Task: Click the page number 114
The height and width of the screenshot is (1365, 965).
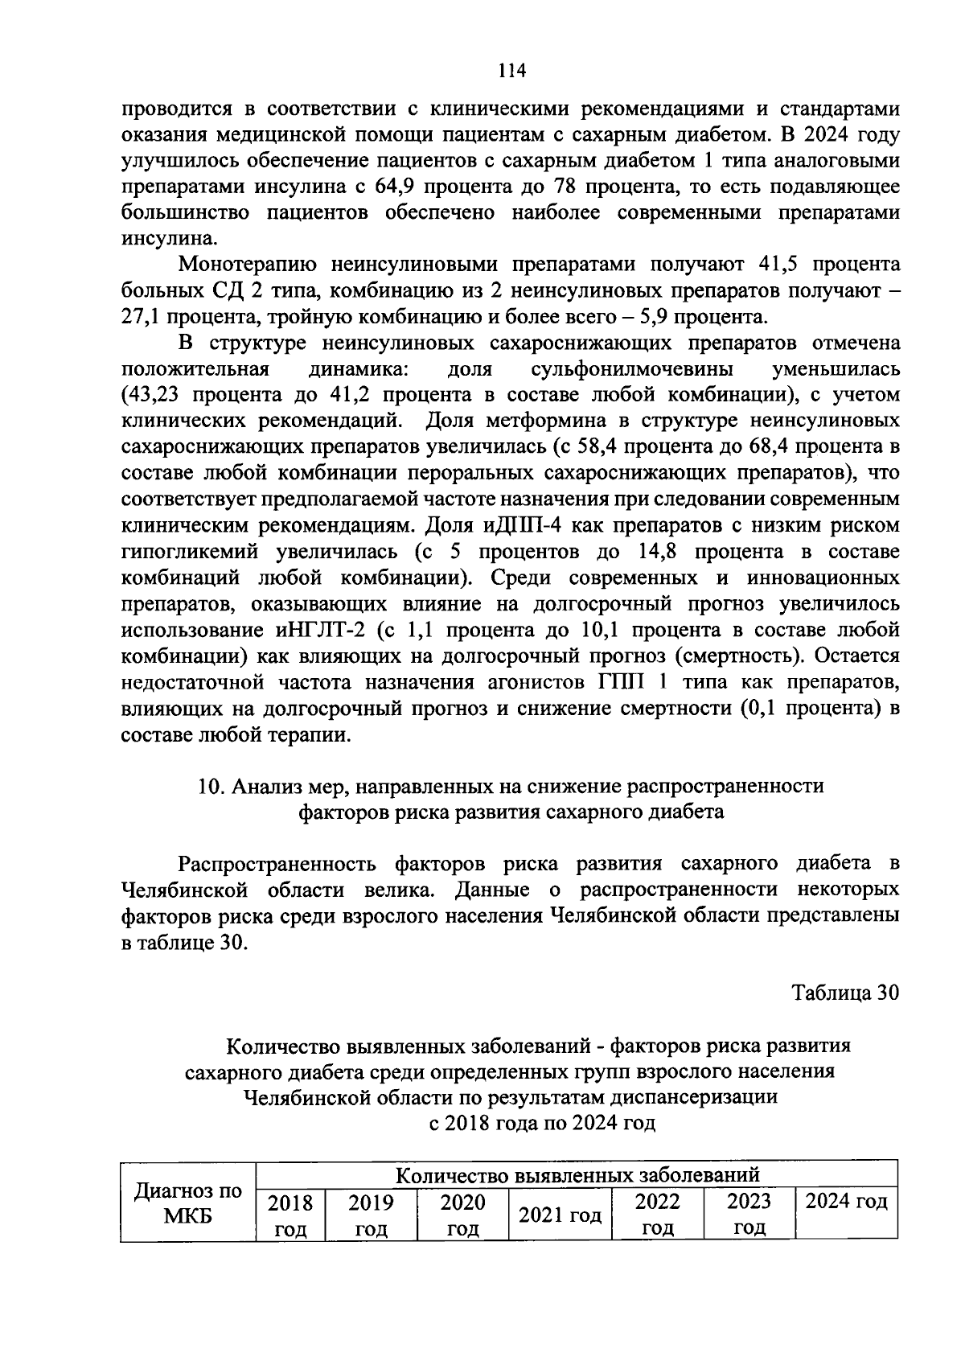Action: coord(511,71)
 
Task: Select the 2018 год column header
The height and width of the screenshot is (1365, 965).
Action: coord(290,1215)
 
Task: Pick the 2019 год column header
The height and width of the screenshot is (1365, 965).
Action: coord(371,1215)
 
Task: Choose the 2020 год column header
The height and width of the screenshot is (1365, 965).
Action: coord(462,1215)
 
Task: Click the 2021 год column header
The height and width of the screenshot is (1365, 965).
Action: coord(560,1215)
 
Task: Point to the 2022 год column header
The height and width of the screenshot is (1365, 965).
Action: coord(657,1215)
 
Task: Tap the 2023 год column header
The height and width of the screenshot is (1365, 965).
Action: coord(749,1215)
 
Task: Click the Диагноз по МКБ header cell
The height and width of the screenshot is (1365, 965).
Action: coord(187,1203)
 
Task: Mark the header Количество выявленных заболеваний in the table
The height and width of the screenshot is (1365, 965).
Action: coord(577,1175)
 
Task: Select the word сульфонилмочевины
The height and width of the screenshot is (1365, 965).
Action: coord(631,369)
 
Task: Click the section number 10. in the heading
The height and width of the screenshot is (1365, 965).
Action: coord(211,786)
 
